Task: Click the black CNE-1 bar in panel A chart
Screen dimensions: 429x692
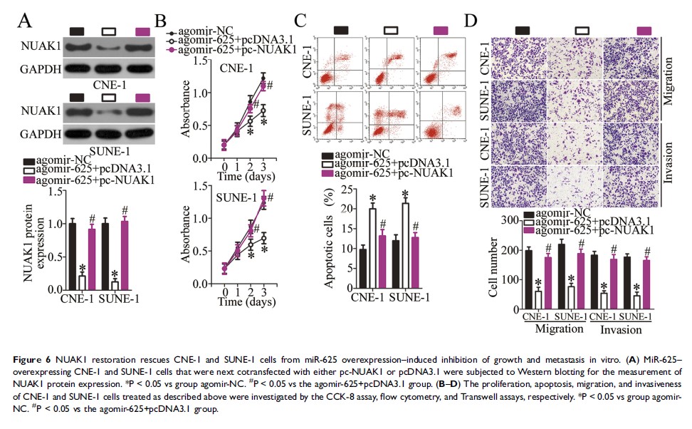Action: (71, 256)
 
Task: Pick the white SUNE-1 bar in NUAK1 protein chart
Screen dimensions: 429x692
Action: (115, 284)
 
